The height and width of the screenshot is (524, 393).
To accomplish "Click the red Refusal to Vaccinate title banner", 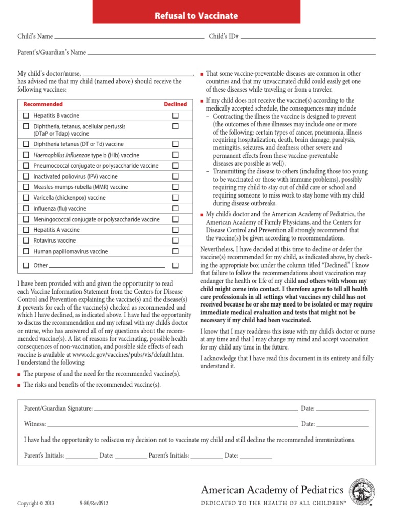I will (196, 15).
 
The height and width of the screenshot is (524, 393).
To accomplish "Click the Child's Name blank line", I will (129, 38).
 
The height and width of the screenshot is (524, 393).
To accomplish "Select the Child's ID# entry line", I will (308, 38).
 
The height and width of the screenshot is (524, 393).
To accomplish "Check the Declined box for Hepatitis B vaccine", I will (176, 116).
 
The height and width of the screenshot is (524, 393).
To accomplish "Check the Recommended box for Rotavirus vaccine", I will (26, 241).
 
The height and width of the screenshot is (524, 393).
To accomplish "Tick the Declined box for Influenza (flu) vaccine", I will (176, 209).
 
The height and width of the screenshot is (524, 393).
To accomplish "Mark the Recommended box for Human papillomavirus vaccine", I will (26, 251).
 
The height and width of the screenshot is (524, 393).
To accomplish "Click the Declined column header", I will (176, 104).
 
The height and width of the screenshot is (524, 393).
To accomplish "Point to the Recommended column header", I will (43, 104).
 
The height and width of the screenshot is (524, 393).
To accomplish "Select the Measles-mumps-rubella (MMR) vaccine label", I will (81, 187).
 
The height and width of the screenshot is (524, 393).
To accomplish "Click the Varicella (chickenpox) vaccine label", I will (70, 198).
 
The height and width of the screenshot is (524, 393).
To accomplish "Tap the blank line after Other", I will (107, 267).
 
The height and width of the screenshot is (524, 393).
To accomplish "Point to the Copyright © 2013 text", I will (36, 503).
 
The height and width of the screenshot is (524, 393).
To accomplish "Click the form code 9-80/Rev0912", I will (94, 503).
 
